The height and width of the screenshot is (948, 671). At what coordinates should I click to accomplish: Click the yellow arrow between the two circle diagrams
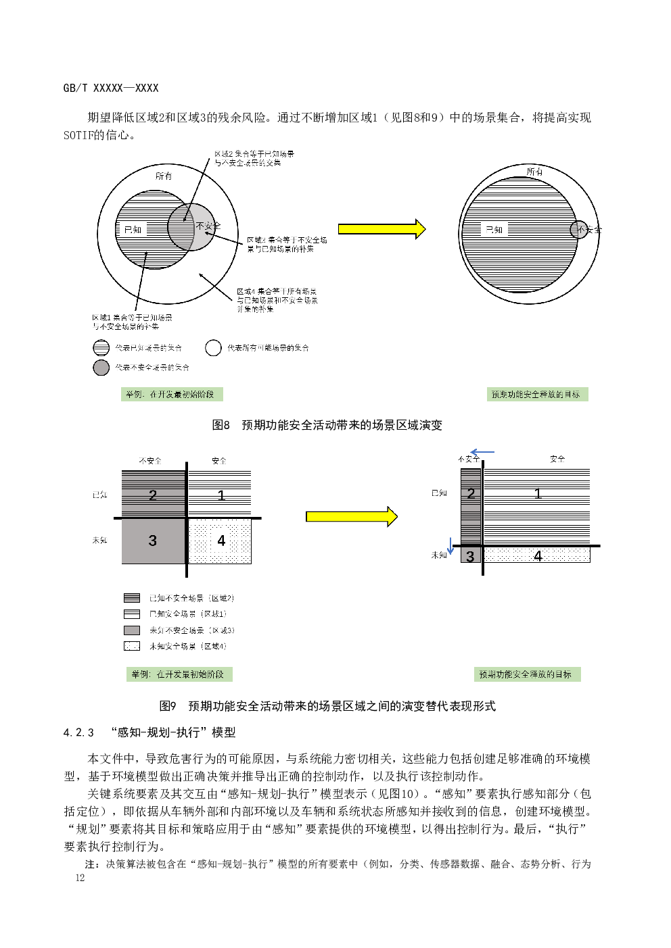pyautogui.click(x=381, y=229)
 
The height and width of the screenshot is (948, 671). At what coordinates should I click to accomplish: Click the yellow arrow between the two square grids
pyautogui.click(x=351, y=517)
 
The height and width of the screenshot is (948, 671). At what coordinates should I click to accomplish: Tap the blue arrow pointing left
pyautogui.click(x=482, y=452)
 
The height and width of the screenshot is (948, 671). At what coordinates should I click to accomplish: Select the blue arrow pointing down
pyautogui.click(x=450, y=546)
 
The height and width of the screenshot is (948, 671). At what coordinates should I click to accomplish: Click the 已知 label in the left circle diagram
pyautogui.click(x=133, y=230)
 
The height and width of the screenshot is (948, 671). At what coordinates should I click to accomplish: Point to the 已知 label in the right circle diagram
pyautogui.click(x=494, y=230)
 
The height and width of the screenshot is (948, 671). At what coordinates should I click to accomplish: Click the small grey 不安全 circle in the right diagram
pyautogui.click(x=579, y=230)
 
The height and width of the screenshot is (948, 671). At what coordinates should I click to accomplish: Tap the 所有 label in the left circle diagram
pyautogui.click(x=164, y=176)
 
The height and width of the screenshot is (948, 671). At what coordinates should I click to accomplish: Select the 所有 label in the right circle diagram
pyautogui.click(x=534, y=172)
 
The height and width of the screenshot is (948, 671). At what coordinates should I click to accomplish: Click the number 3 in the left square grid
pyautogui.click(x=153, y=541)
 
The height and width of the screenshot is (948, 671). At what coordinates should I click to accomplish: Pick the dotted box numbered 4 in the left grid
pyautogui.click(x=220, y=541)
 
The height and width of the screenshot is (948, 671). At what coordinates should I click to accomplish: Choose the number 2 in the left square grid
pyautogui.click(x=153, y=495)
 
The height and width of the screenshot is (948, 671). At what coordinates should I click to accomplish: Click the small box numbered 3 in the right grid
pyautogui.click(x=471, y=556)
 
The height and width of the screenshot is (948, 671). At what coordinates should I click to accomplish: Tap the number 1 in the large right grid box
pyautogui.click(x=538, y=494)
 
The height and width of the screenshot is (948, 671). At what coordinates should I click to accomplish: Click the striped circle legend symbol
pyautogui.click(x=101, y=348)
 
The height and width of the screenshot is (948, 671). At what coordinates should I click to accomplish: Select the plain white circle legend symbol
pyautogui.click(x=213, y=348)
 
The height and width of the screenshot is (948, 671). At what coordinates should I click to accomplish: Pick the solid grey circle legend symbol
pyautogui.click(x=101, y=368)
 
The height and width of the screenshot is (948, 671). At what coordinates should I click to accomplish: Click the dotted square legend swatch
pyautogui.click(x=132, y=646)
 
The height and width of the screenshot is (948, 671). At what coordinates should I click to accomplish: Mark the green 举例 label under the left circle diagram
pyautogui.click(x=172, y=395)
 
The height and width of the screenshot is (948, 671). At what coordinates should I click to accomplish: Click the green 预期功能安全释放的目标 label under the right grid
pyautogui.click(x=527, y=674)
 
